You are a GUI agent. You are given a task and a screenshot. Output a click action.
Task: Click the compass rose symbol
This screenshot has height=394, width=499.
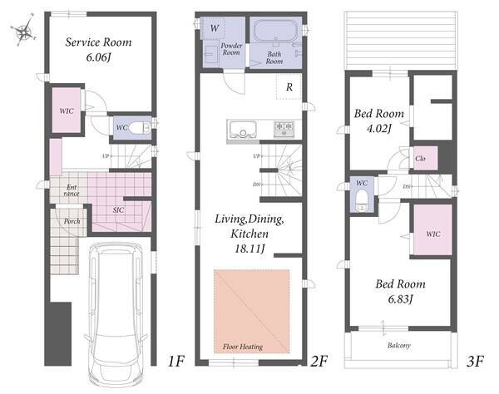[23, 31]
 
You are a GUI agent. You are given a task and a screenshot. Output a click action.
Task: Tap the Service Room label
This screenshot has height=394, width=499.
[98, 42]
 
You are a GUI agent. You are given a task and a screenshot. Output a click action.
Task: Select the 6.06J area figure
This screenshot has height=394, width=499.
[98, 57]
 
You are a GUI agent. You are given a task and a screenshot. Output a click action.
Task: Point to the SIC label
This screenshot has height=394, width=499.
[118, 210]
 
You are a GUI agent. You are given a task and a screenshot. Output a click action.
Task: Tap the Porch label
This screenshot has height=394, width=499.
[72, 221]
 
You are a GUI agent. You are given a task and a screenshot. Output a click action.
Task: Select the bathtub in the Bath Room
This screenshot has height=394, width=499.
[275, 31]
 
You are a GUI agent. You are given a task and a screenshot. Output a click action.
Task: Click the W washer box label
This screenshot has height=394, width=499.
[215, 28]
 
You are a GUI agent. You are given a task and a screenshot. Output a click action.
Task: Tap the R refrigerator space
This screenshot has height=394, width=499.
[289, 86]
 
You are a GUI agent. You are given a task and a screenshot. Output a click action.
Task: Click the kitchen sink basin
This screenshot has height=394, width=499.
[242, 130]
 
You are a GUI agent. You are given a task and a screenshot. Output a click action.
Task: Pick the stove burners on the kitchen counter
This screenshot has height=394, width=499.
[284, 127]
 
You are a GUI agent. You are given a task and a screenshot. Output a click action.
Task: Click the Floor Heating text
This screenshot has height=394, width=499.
[243, 347]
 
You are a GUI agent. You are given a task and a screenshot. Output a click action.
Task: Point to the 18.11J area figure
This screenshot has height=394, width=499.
[249, 249]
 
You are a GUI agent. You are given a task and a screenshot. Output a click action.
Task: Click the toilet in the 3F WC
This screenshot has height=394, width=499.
[362, 199]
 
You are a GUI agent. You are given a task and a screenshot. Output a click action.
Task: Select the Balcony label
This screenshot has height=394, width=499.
[398, 345]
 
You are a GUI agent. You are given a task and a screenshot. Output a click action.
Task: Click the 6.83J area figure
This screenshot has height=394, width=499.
[400, 299]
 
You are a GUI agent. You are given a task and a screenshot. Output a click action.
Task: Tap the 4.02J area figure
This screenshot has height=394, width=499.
[378, 129]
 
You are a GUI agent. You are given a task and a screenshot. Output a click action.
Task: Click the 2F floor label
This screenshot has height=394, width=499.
[319, 361]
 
